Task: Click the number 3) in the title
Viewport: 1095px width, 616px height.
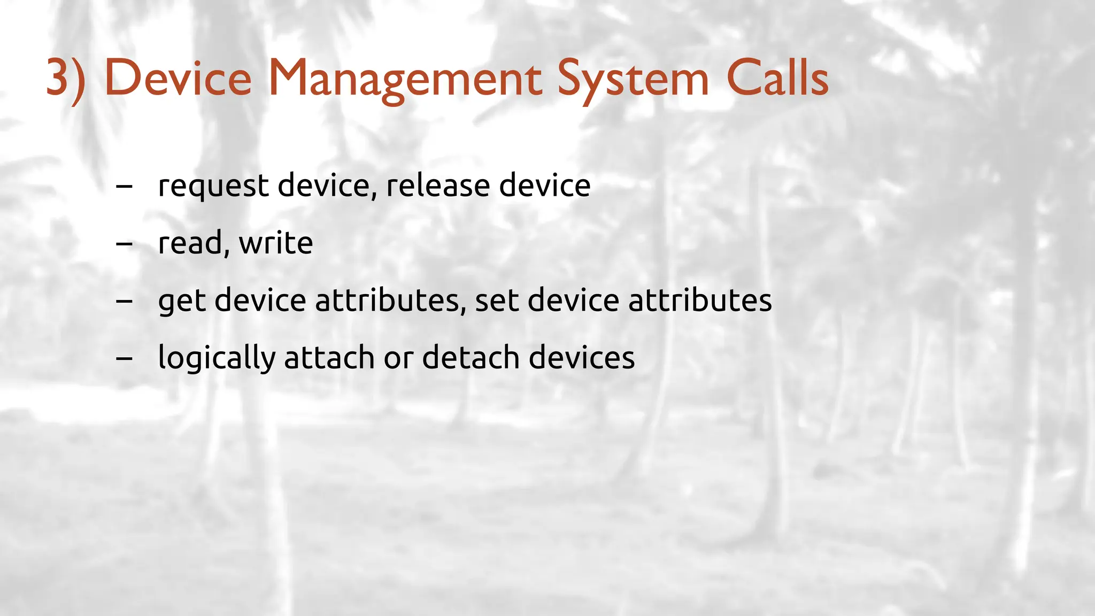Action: [x=65, y=79]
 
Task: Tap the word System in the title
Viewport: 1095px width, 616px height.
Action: [x=633, y=79]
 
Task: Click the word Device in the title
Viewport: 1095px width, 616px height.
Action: [x=178, y=79]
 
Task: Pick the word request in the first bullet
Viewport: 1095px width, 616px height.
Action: [x=213, y=186]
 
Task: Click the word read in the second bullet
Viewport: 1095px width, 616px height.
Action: [x=190, y=243]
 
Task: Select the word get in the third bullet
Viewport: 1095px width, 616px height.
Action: [x=181, y=301]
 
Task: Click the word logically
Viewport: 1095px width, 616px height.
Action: [x=217, y=358]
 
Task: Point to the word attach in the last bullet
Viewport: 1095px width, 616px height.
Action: [x=329, y=357]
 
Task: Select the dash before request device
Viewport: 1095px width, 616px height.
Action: [x=124, y=187]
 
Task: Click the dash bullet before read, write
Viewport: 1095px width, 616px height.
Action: [x=124, y=244]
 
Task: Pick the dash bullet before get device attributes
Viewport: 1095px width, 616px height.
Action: [x=124, y=301]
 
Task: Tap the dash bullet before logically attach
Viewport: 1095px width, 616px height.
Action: [x=124, y=358]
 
